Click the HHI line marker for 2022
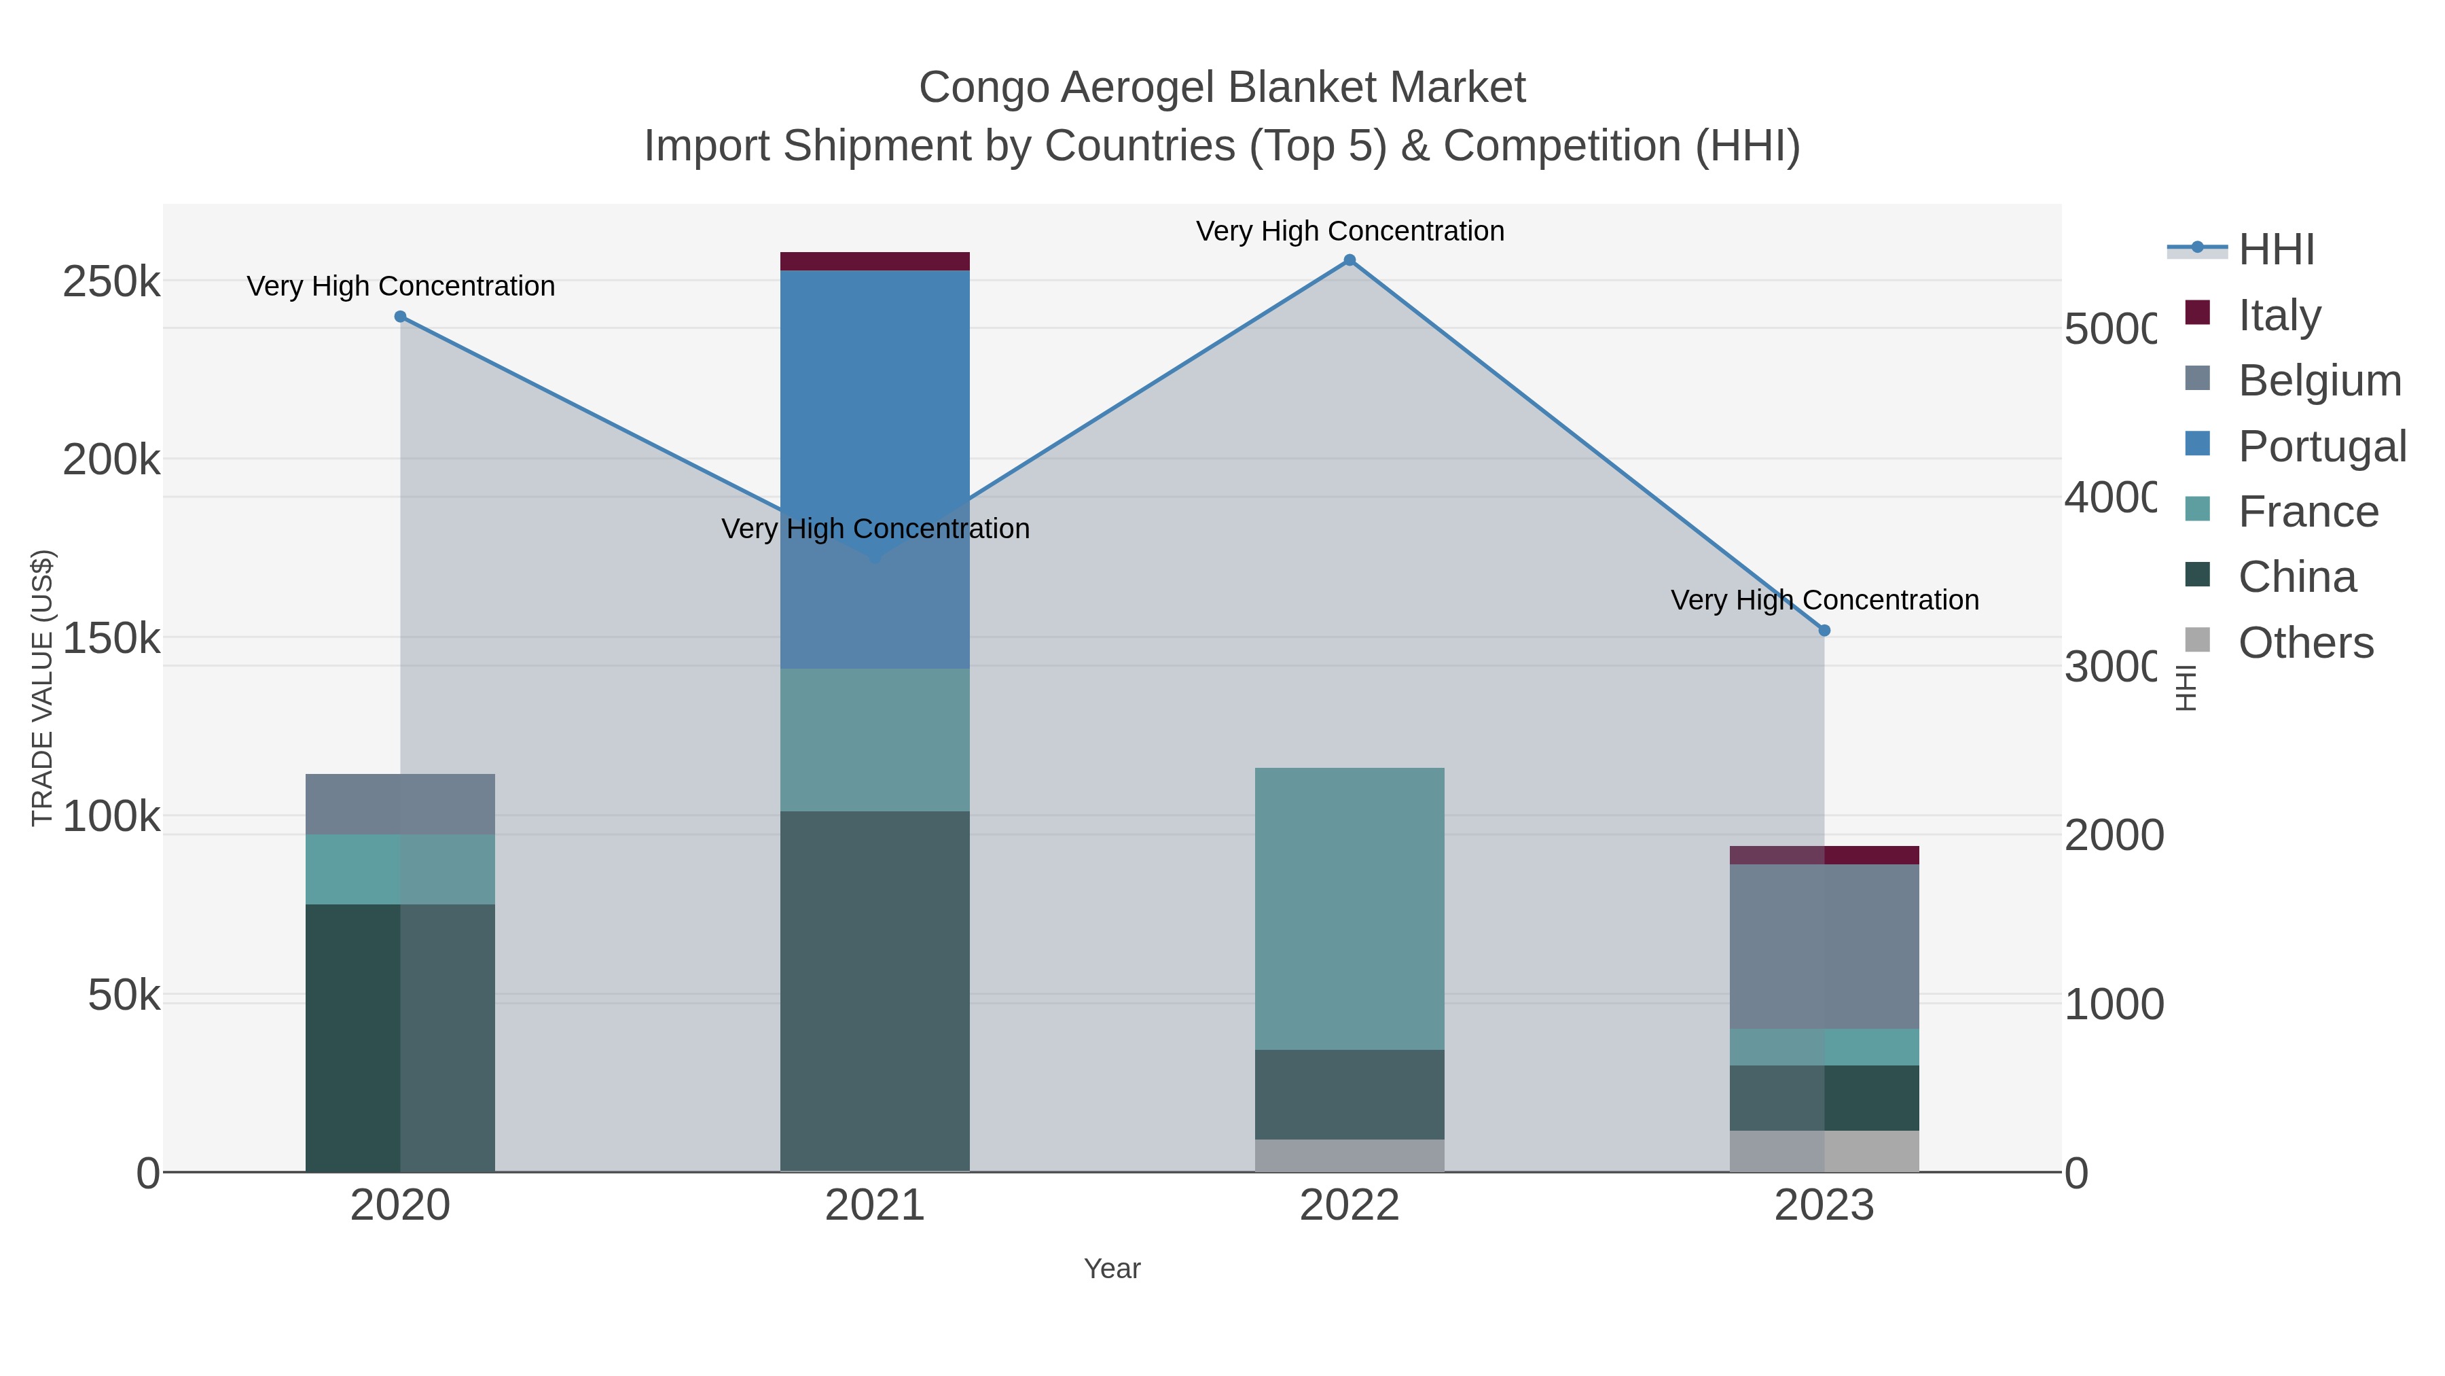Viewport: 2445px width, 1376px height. [x=1349, y=260]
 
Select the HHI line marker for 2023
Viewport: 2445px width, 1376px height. [x=1824, y=631]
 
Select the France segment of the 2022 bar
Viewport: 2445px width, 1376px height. [x=1349, y=907]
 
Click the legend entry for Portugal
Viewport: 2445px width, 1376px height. [x=2321, y=446]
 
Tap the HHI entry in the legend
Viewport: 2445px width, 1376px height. [x=2275, y=250]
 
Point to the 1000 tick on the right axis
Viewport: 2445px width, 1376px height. [x=2114, y=1005]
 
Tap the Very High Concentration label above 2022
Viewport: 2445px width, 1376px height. [x=1349, y=231]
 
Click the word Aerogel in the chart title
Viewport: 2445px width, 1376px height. [x=1137, y=88]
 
